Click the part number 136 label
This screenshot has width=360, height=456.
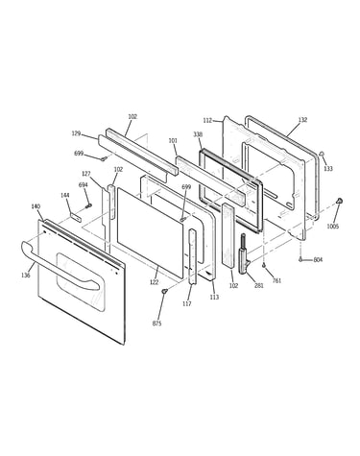[x=26, y=275]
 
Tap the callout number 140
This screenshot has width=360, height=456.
[x=36, y=206]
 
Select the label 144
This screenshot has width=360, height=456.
[x=65, y=195]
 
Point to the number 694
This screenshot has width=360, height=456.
[x=84, y=185]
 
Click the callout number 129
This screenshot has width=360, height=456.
[x=76, y=133]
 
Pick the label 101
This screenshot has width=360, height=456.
[x=173, y=140]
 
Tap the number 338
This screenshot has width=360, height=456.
[x=198, y=134]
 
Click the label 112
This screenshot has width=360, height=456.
[x=207, y=121]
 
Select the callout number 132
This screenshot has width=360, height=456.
[x=302, y=120]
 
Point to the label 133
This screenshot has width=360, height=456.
[x=328, y=168]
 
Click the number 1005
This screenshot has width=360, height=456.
[x=333, y=227]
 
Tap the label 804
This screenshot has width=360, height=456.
[x=318, y=260]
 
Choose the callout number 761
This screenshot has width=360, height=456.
[x=276, y=280]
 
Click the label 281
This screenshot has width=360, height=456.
[x=259, y=285]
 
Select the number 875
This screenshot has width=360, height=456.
[x=156, y=324]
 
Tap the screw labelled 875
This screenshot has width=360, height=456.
[x=164, y=291]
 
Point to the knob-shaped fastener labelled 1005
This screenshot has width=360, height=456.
[x=340, y=201]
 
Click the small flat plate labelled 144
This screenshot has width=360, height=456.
[x=76, y=217]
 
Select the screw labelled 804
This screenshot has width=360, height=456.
[x=300, y=259]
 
